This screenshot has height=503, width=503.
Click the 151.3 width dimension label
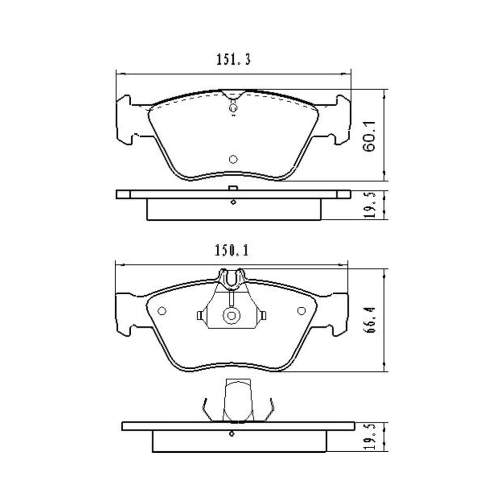[233, 60]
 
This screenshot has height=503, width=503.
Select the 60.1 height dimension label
[369, 136]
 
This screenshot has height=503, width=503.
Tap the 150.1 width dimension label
[231, 250]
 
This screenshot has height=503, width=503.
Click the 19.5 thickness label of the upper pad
[370, 205]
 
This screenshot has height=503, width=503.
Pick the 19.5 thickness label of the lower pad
[370, 437]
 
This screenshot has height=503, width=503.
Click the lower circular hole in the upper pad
[233, 159]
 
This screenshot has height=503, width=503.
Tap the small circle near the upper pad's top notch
[233, 108]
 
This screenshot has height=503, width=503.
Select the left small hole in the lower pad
[162, 310]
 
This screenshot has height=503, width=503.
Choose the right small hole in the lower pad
[301, 310]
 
